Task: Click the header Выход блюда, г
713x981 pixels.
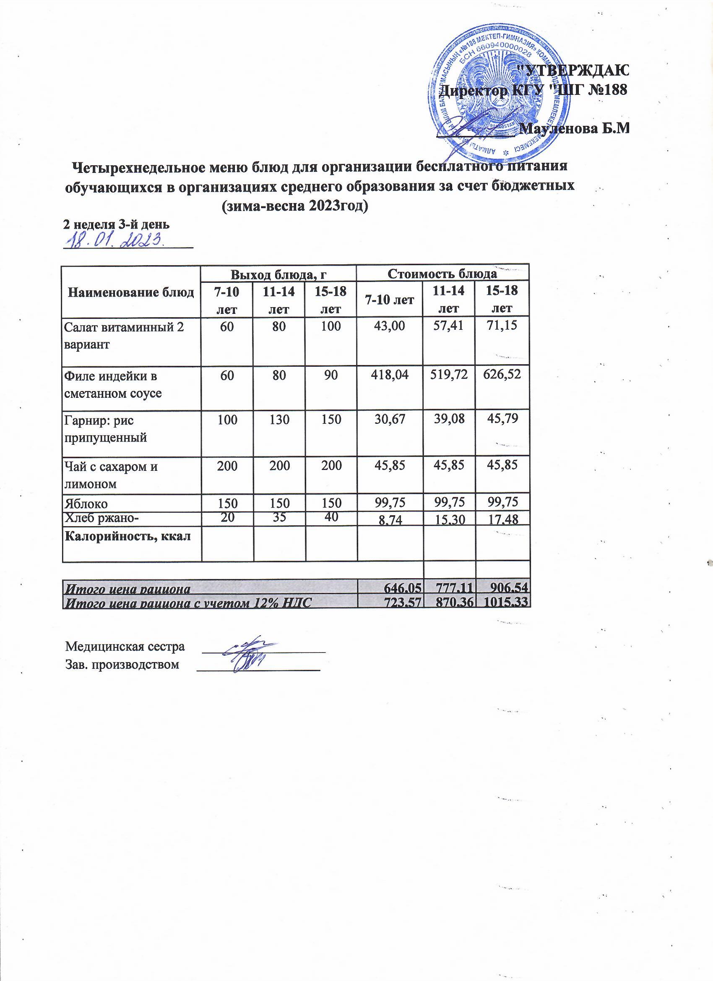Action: pos(278,275)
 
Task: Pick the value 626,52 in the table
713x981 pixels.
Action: pos(502,376)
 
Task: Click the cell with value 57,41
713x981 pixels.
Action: pos(448,326)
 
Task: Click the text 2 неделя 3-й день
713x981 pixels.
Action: pos(116,224)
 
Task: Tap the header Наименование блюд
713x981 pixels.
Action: pos(131,293)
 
